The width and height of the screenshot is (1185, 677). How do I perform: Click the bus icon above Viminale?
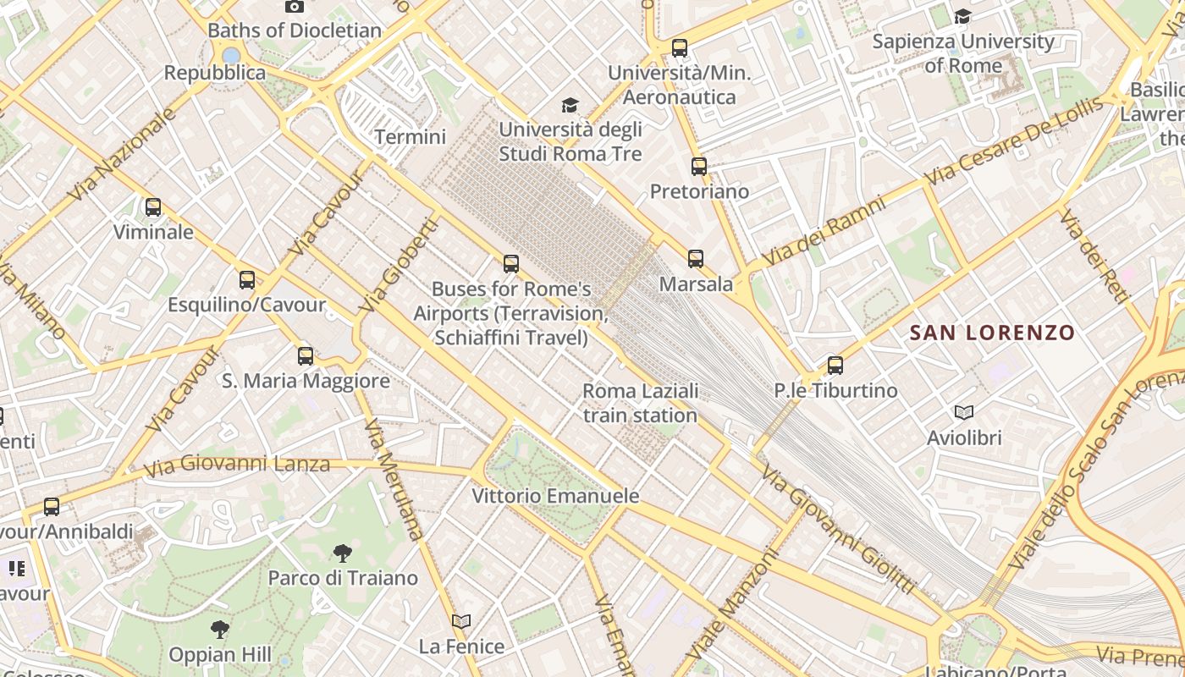pyautogui.click(x=153, y=207)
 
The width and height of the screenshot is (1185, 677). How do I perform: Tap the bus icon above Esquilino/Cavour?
pyautogui.click(x=247, y=280)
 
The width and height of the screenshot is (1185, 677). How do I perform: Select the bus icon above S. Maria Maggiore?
pyautogui.click(x=306, y=356)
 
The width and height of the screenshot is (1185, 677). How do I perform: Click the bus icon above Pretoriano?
pyautogui.click(x=698, y=167)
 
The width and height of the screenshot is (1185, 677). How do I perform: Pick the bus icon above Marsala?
pyautogui.click(x=696, y=259)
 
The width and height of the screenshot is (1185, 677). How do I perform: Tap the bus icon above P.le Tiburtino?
pyautogui.click(x=835, y=366)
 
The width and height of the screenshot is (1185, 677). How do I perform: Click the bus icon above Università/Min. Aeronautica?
pyautogui.click(x=679, y=48)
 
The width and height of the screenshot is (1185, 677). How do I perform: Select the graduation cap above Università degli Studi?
pyautogui.click(x=570, y=105)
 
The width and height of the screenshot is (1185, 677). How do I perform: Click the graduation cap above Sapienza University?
pyautogui.click(x=962, y=16)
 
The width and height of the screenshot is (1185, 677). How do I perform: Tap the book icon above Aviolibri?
pyautogui.click(x=964, y=413)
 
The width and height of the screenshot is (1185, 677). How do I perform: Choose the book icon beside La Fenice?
pyautogui.click(x=461, y=622)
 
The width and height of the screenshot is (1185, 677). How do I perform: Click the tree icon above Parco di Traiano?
pyautogui.click(x=343, y=553)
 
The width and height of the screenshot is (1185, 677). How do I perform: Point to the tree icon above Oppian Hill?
pyautogui.click(x=220, y=630)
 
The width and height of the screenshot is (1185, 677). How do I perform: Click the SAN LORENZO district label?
pyautogui.click(x=992, y=333)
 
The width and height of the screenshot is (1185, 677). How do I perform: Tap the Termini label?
pyautogui.click(x=410, y=136)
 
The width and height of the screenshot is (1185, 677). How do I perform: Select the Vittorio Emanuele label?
pyautogui.click(x=555, y=496)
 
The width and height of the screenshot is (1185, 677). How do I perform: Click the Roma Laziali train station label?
pyautogui.click(x=640, y=403)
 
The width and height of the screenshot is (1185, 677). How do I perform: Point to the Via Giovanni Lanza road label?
pyautogui.click(x=236, y=465)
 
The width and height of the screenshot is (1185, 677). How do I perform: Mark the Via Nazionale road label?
pyautogui.click(x=122, y=155)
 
